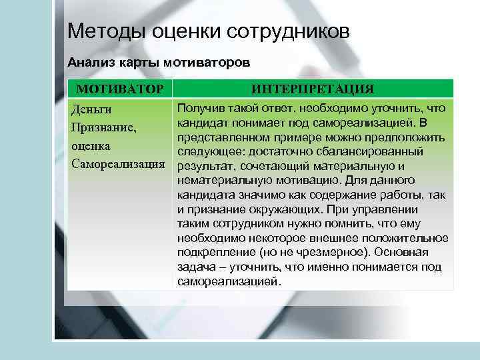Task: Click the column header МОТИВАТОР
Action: coord(119,89)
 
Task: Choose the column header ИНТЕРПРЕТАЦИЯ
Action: coord(313,89)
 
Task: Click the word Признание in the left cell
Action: coord(101,127)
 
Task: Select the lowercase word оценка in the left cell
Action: coord(91,145)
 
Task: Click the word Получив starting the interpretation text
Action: coord(201,108)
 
